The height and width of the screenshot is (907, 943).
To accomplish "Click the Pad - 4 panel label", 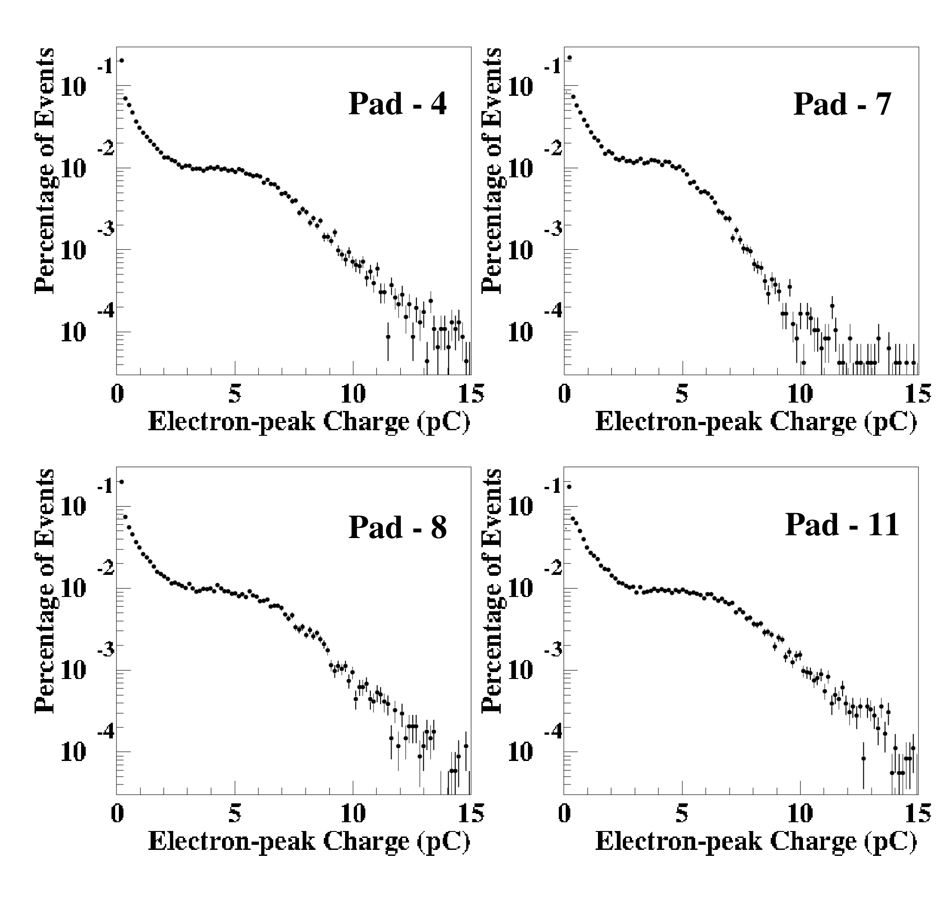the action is (x=398, y=103).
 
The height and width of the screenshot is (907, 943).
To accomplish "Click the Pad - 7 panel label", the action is (x=843, y=103).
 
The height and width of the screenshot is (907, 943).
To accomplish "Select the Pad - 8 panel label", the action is (x=398, y=527).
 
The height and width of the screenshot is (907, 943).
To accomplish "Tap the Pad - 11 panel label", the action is (x=843, y=524).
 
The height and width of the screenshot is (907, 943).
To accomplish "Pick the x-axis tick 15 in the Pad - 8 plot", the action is (x=471, y=813).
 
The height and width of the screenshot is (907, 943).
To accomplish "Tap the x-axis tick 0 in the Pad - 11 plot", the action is (x=564, y=813).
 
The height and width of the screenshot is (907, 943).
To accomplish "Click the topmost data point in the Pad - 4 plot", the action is (x=122, y=61).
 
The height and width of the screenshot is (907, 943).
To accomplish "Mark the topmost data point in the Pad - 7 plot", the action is (x=569, y=58).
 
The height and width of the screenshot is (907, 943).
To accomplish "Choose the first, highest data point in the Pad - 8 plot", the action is (x=122, y=482).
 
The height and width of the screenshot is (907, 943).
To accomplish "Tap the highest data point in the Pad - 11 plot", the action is (x=569, y=486).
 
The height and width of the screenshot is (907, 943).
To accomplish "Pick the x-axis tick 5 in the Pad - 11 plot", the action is (x=682, y=813).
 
